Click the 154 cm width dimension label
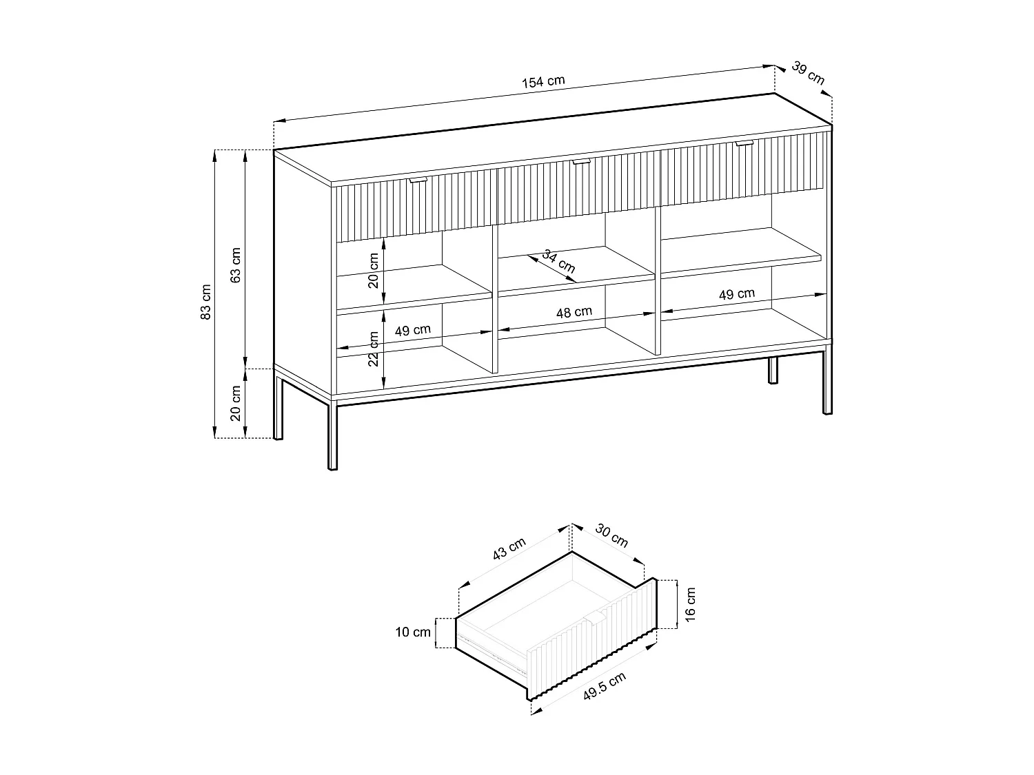543,82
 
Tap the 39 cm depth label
809,73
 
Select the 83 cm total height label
206,302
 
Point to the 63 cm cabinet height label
236,265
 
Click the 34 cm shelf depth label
559,261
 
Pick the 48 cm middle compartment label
574,313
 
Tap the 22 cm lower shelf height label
373,349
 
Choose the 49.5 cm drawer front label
605,686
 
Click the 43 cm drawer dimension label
509,548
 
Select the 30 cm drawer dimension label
611,536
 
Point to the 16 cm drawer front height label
690,605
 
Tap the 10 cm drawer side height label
413,632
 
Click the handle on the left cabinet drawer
418,180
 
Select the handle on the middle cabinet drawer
581,161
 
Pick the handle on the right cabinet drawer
744,143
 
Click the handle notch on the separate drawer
595,618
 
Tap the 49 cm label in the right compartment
737,294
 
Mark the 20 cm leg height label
236,403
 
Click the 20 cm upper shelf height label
373,271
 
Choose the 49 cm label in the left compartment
413,330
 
